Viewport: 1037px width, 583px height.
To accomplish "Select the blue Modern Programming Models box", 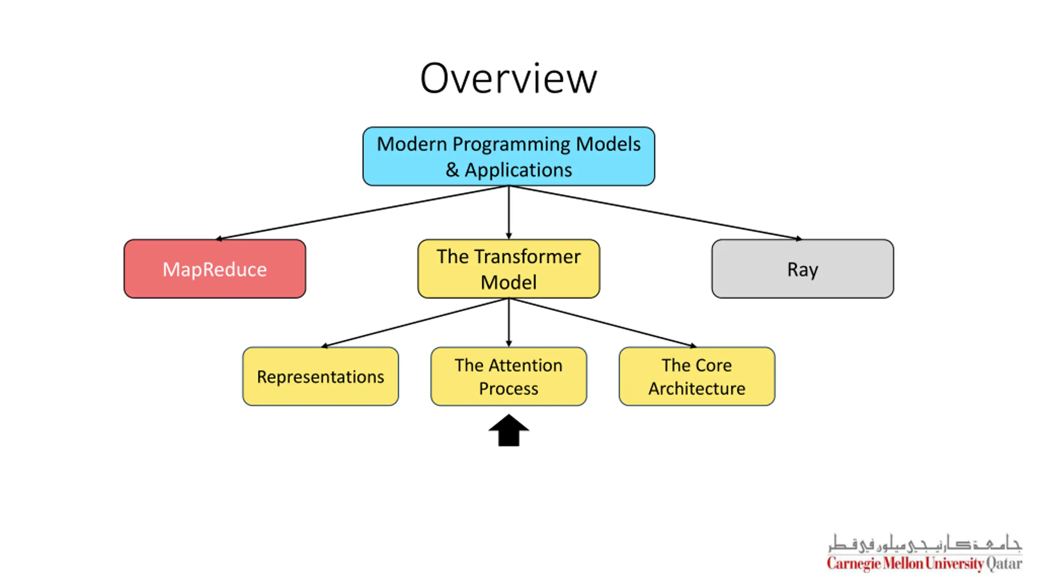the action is pos(508,156).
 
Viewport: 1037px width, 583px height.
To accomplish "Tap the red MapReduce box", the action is pos(215,269).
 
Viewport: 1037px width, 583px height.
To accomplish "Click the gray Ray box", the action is pos(802,269).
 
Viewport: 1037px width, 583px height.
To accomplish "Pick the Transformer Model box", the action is pos(508,269).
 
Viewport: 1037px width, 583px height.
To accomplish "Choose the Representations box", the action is pos(320,376).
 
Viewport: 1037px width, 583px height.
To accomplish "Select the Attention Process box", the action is pos(508,376).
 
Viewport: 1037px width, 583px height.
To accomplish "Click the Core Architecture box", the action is pos(697,376).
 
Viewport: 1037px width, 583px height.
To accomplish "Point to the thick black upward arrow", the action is pos(508,430).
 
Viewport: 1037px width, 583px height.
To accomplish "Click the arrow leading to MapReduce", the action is pos(362,213).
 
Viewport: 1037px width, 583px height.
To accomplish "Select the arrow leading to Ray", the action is pos(655,213).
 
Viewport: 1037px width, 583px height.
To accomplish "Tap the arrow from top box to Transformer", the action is pos(509,213).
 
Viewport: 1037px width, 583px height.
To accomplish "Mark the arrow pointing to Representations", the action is pos(415,323).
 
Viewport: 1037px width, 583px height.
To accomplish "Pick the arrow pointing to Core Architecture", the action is pos(603,323).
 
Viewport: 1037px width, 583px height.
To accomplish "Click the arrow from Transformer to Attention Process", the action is pos(509,323).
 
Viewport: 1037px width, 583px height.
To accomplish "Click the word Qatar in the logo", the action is pos(1004,564).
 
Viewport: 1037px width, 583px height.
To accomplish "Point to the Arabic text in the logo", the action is pos(925,543).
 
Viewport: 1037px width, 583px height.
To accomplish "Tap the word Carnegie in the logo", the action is pos(854,564).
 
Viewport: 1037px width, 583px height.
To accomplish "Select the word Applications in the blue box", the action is pos(518,170).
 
